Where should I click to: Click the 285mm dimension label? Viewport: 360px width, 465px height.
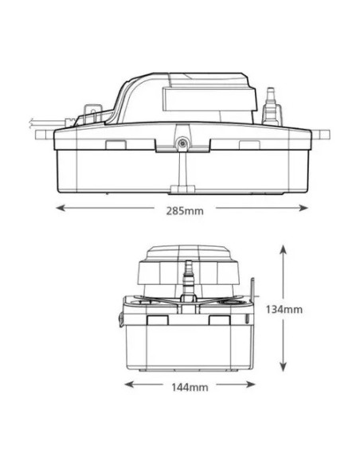point(185,211)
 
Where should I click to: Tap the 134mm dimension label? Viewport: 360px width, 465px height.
point(284,309)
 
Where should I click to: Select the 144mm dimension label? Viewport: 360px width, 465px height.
point(190,387)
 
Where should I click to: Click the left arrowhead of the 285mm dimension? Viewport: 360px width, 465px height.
point(61,208)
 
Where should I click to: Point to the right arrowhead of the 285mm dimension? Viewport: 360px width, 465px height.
point(303,208)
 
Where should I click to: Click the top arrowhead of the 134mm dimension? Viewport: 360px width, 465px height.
point(284,250)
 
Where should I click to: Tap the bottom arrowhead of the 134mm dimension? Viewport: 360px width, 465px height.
point(284,366)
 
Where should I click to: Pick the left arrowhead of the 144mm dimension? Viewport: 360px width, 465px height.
point(129,385)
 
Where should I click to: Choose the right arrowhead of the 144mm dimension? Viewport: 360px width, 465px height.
point(251,385)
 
